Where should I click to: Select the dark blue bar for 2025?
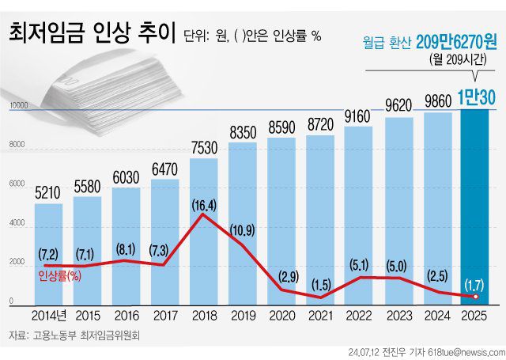(475, 206)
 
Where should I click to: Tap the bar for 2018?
(204, 237)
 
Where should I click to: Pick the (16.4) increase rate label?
(204, 205)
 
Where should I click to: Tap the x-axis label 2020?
(281, 316)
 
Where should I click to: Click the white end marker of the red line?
(476, 297)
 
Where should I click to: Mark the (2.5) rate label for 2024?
(436, 275)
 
